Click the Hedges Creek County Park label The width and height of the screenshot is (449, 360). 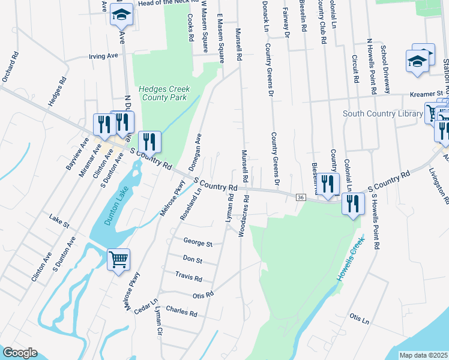[x=164, y=93]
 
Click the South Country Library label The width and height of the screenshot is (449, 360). [x=382, y=113]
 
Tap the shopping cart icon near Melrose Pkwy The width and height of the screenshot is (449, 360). [x=118, y=260]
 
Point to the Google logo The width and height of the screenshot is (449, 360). [x=20, y=353]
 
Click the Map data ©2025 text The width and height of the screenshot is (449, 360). [x=423, y=355]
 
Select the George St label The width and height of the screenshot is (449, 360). [x=199, y=244]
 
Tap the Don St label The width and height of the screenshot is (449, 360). [x=193, y=260]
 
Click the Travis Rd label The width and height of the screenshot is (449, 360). [x=189, y=277]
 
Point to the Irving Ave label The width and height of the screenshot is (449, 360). [x=103, y=56]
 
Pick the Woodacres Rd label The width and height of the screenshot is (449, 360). [x=244, y=215]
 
